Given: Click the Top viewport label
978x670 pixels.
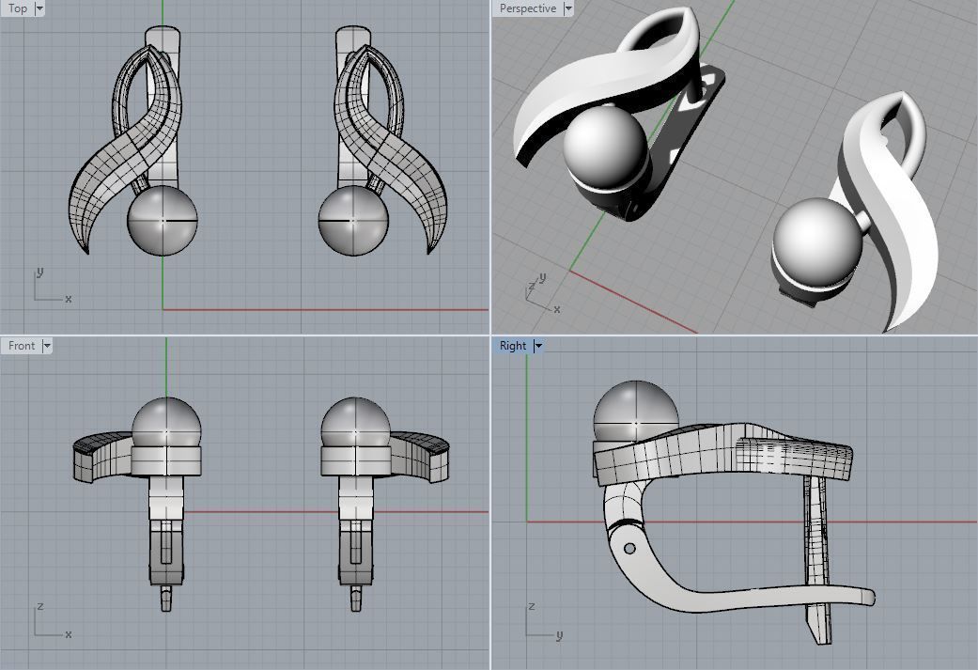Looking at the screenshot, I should point(18,8).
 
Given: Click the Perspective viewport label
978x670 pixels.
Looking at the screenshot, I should point(527,8).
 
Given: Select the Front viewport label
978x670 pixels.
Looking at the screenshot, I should point(22,346).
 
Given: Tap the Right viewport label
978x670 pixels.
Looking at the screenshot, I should point(513,346).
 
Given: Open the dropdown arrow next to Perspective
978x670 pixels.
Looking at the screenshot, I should point(568,8).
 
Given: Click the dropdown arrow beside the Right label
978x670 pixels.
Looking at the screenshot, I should point(538,346).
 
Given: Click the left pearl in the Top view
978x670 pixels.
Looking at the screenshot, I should point(163,220).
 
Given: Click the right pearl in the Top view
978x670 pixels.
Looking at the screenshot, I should point(353,220).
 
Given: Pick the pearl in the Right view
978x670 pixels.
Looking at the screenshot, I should point(636,412).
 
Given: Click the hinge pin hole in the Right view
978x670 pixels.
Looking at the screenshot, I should point(629,548).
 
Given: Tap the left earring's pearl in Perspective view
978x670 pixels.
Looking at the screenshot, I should point(606,146).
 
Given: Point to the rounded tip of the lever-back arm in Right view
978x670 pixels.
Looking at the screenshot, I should point(869,597).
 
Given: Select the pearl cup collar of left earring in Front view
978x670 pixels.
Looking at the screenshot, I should point(167,460).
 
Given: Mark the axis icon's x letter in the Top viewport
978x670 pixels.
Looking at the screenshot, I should point(69,299).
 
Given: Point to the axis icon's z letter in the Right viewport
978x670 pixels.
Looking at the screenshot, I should point(532,606).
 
